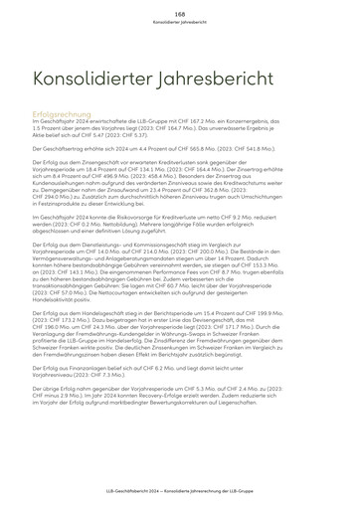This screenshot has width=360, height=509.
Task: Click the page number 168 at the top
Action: click(180, 13)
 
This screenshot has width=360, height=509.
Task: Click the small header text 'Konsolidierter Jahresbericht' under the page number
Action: click(180, 21)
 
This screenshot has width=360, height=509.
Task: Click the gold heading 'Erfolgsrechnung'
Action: click(63, 113)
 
